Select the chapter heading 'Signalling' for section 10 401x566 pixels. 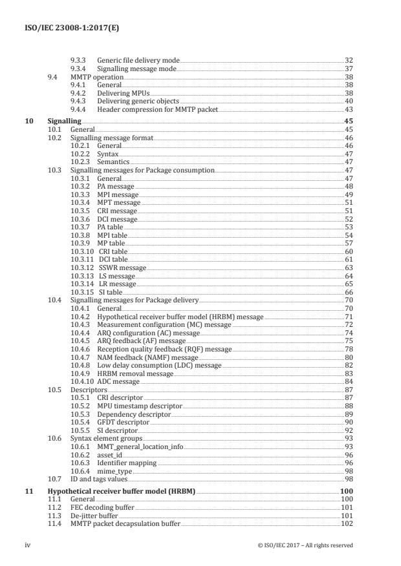(64, 121)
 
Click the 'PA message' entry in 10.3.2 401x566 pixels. (116, 185)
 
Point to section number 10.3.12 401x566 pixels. (81, 267)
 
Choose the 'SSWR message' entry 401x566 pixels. (122, 267)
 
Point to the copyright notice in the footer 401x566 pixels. (304, 545)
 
